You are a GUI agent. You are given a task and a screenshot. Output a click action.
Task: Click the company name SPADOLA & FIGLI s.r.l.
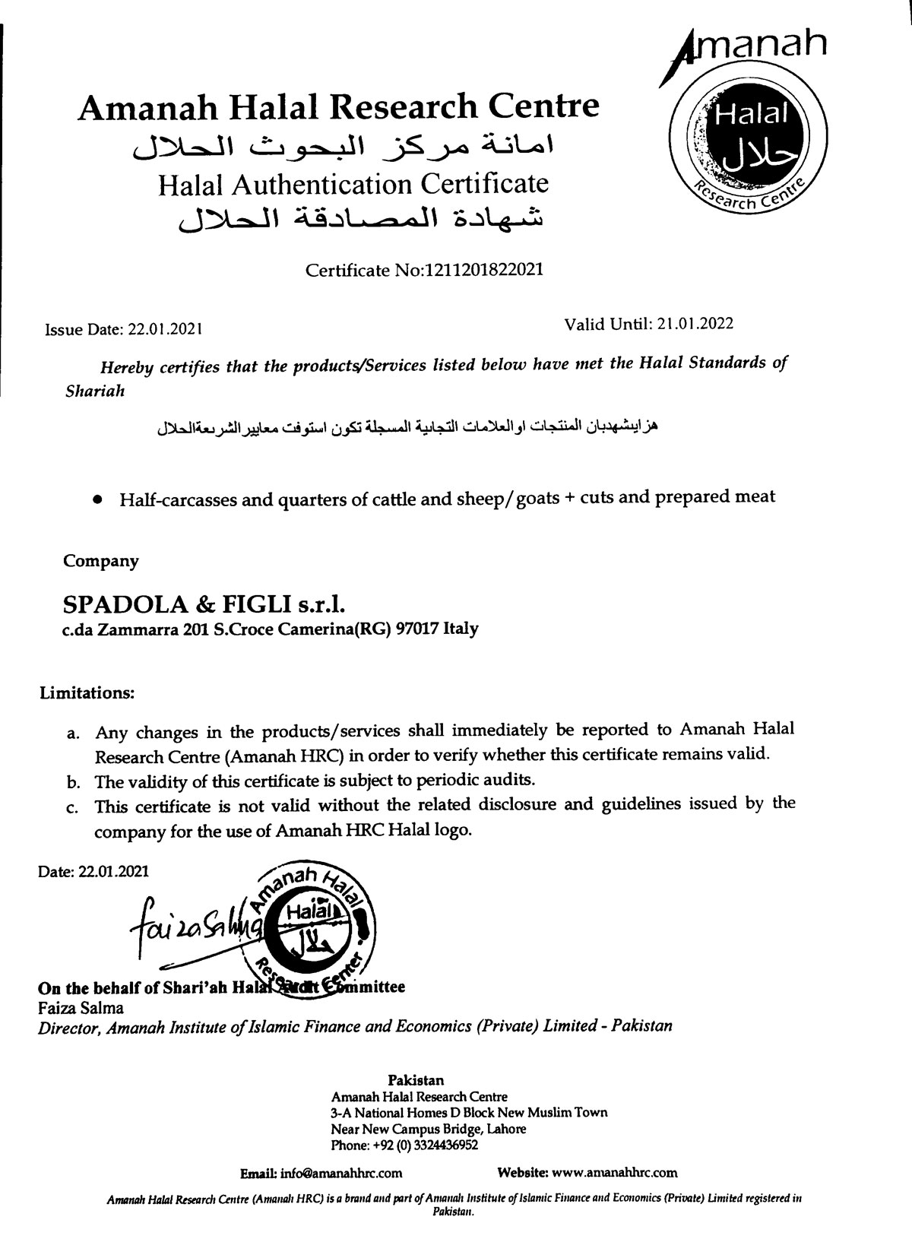point(204,605)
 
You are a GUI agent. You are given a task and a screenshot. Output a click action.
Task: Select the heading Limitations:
point(87,693)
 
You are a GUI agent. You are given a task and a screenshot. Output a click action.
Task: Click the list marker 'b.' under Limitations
point(74,781)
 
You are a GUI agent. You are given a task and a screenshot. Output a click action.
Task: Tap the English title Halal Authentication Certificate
point(353,184)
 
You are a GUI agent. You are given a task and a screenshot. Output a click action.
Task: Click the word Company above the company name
point(101,562)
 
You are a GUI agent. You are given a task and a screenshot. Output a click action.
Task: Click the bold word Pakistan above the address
point(416,1080)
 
